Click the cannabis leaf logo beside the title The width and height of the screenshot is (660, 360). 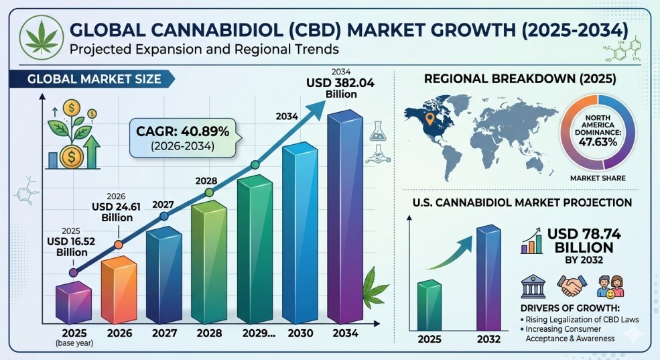pyautogui.click(x=42, y=38)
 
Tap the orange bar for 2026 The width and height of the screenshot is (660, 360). pyautogui.click(x=119, y=290)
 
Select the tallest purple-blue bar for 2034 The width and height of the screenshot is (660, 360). pyautogui.click(x=345, y=217)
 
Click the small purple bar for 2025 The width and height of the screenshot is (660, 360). pyautogui.click(x=74, y=303)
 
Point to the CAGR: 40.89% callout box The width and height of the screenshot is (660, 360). pyautogui.click(x=183, y=138)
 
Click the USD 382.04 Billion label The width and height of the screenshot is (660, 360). pyautogui.click(x=340, y=88)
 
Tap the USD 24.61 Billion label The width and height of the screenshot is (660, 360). pyautogui.click(x=116, y=212)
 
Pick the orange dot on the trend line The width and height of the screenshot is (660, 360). pyautogui.click(x=119, y=245)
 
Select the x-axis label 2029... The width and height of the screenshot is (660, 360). pyautogui.click(x=259, y=333)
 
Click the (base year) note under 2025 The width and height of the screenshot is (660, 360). pyautogui.click(x=74, y=343)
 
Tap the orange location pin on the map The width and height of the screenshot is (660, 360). pyautogui.click(x=430, y=119)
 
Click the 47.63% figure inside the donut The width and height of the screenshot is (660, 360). pyautogui.click(x=598, y=142)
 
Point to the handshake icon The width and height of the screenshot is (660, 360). pyautogui.click(x=572, y=286)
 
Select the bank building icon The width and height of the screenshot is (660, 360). pyautogui.click(x=533, y=286)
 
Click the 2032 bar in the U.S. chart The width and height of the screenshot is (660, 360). pyautogui.click(x=488, y=278)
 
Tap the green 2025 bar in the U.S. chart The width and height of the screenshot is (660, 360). pyautogui.click(x=430, y=305)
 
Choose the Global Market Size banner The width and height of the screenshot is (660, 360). pyautogui.click(x=92, y=79)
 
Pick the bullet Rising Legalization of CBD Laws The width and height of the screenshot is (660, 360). pyautogui.click(x=580, y=320)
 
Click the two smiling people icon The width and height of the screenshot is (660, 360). pyautogui.click(x=610, y=286)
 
